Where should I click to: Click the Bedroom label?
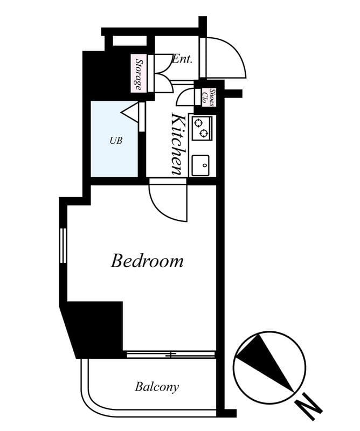tap(147, 261)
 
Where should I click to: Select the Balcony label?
tap(157, 387)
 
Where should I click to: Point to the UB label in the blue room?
tap(116, 141)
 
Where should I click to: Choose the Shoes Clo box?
tap(209, 98)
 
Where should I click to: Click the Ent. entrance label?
tap(182, 59)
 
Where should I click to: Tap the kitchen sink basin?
tap(200, 165)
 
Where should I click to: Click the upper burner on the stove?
tap(198, 122)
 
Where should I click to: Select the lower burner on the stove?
tap(204, 133)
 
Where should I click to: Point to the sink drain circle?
tap(204, 165)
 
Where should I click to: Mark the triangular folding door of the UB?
tap(129, 112)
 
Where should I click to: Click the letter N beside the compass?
tap(308, 407)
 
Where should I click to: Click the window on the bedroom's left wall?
tap(63, 246)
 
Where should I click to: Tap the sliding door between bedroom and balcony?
tap(170, 354)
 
